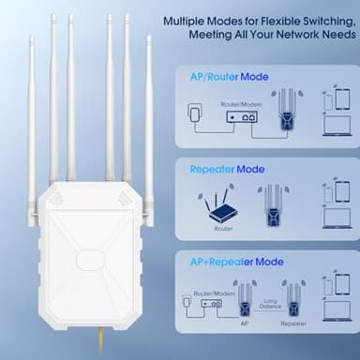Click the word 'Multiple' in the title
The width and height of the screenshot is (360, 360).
188,19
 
